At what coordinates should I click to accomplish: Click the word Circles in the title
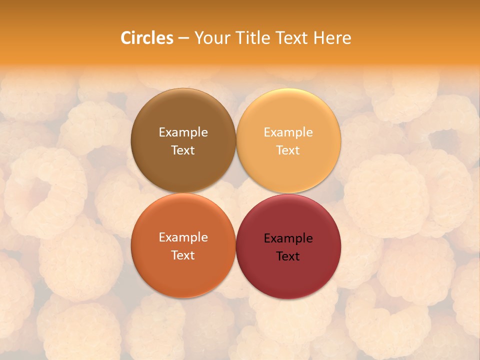tap(147, 38)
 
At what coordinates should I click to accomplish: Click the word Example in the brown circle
tap(183, 132)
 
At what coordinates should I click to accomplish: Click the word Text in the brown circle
tap(183, 150)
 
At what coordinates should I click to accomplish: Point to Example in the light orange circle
tap(288, 132)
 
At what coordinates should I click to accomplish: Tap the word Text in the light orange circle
tap(288, 150)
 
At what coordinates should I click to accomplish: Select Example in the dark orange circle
tap(183, 237)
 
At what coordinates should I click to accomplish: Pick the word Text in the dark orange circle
tap(183, 255)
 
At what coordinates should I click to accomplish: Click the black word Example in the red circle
tap(288, 238)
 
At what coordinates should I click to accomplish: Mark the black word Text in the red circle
tap(288, 256)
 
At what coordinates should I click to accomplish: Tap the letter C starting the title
tap(126, 38)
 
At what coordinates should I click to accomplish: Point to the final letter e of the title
tap(347, 38)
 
